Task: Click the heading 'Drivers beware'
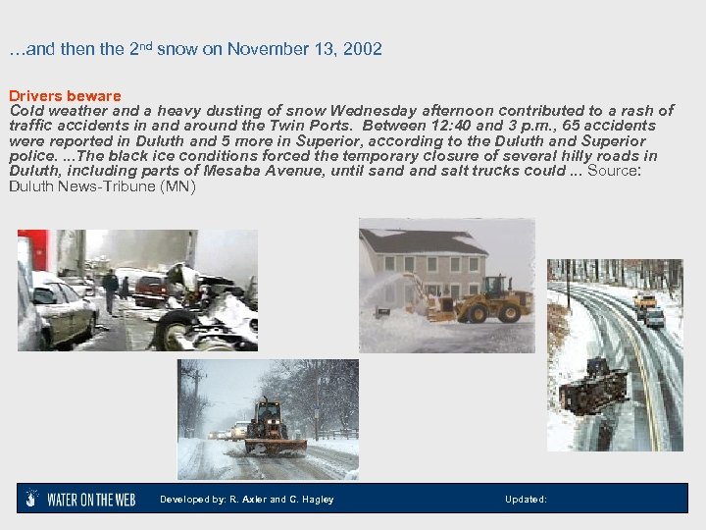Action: coord(65,96)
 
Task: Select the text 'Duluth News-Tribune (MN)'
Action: coord(102,186)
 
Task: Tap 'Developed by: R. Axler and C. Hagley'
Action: coord(246,500)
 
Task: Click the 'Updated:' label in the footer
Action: coord(526,500)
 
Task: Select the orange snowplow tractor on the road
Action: coord(268,424)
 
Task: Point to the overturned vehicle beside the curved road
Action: coord(591,386)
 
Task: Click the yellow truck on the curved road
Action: coord(643,300)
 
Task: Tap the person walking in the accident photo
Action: coord(110,289)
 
